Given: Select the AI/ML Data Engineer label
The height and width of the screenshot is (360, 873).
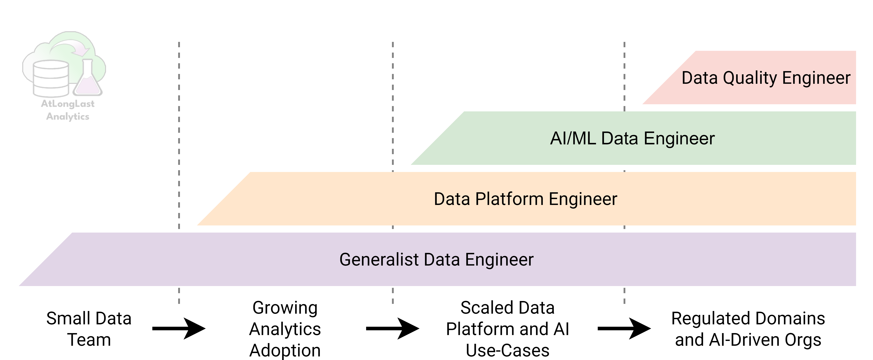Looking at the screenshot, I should point(632,138).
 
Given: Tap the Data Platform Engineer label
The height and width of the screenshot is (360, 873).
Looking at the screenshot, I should point(525,199).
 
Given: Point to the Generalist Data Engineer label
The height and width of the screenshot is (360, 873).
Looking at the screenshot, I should point(436,260).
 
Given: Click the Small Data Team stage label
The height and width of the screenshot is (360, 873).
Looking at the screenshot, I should point(89,329).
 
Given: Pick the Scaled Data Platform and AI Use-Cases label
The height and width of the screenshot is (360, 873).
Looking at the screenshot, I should point(507,329).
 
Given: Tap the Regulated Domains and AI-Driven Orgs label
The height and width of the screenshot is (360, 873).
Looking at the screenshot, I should point(748,329).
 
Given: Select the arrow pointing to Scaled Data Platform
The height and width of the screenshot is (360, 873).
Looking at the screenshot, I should point(392,328).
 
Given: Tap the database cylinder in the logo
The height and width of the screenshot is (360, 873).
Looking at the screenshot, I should point(51,79).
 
